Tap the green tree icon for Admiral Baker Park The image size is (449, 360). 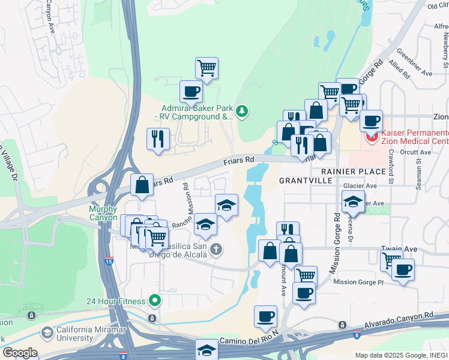coord(241,110)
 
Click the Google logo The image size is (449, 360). coord(20,353)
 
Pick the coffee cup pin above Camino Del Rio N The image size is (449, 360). coord(265,316)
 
